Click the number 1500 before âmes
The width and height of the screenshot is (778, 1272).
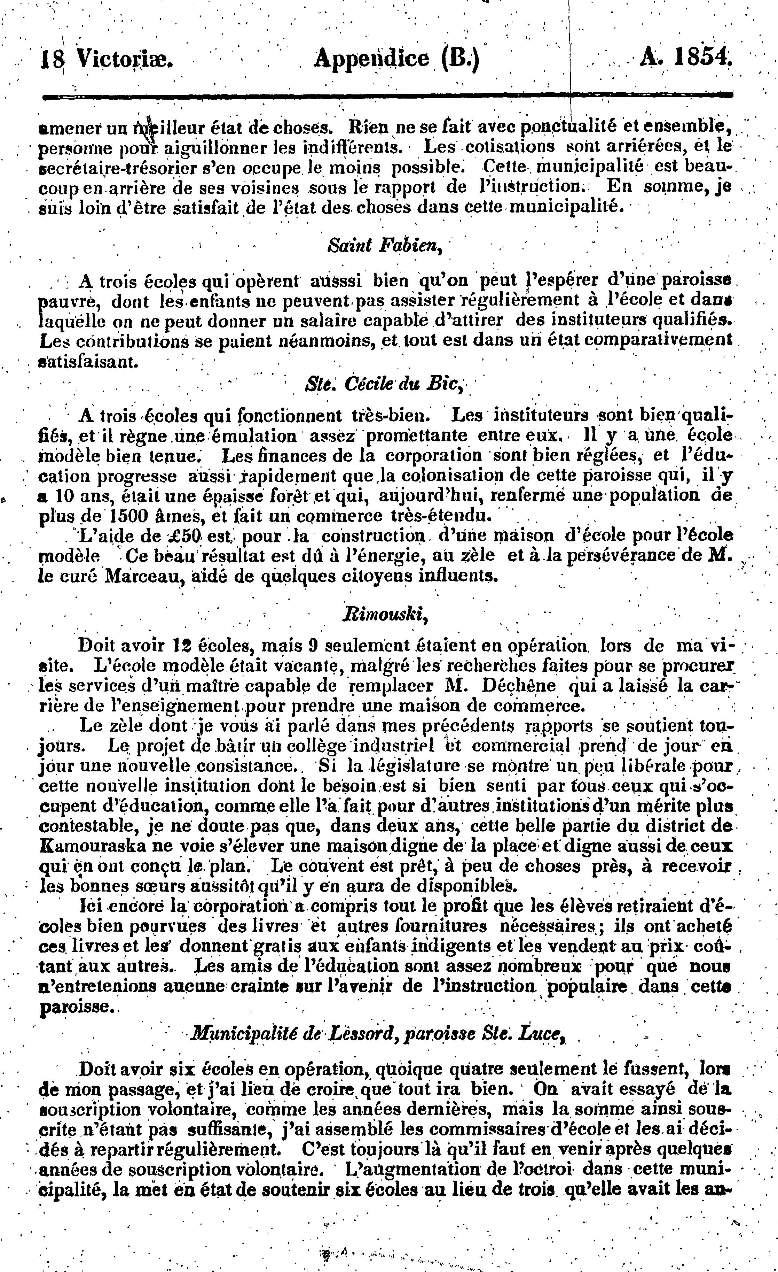pos(122,516)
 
